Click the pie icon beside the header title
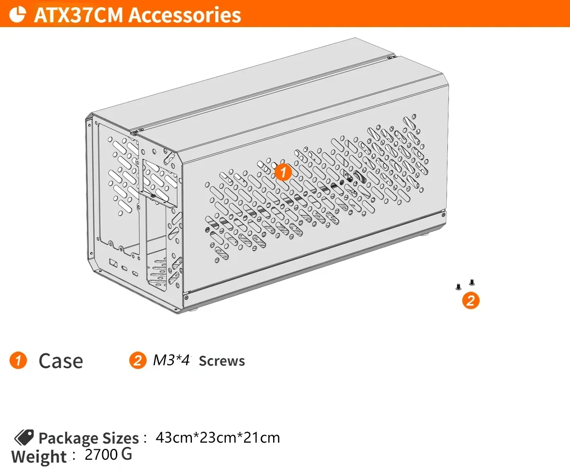[x=18, y=14]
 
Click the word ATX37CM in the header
[x=78, y=15]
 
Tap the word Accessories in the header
[x=185, y=15]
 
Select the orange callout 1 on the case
[x=283, y=172]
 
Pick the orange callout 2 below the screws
[x=470, y=300]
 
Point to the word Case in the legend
[x=61, y=361]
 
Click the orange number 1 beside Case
[x=18, y=360]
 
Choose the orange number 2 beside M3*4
[x=137, y=360]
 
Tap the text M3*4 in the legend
[x=171, y=360]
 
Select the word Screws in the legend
[x=222, y=361]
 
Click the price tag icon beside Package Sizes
[x=23, y=437]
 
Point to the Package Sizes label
[x=88, y=438]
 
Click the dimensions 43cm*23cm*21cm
[x=218, y=437]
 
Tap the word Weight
[x=39, y=457]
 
